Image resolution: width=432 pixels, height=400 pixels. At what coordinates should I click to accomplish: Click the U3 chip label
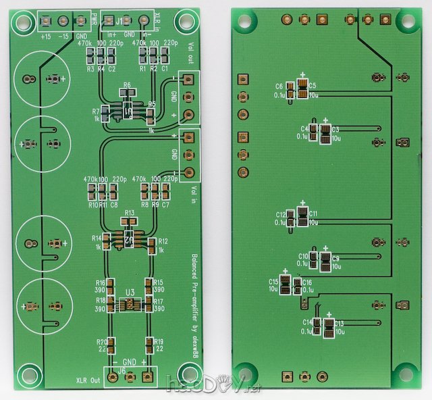pyautogui.click(x=131, y=293)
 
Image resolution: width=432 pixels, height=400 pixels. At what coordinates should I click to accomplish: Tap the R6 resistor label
pyautogui.click(x=126, y=86)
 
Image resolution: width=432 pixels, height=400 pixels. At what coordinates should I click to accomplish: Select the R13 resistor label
pyautogui.click(x=130, y=213)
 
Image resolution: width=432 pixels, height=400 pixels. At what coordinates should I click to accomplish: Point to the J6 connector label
pyautogui.click(x=122, y=371)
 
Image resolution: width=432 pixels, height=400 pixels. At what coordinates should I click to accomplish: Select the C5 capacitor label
pyautogui.click(x=313, y=86)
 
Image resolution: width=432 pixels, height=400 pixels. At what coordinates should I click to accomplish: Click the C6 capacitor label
pyautogui.click(x=279, y=86)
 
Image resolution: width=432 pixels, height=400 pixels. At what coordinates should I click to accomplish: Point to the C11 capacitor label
pyautogui.click(x=313, y=214)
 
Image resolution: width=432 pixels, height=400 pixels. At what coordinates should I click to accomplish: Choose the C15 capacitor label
pyautogui.click(x=274, y=282)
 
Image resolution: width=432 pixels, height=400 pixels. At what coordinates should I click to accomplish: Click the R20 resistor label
pyautogui.click(x=102, y=341)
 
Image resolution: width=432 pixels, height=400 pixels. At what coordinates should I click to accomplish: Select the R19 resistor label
pyautogui.click(x=159, y=341)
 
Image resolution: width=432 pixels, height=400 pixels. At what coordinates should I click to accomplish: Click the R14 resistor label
pyautogui.click(x=97, y=239)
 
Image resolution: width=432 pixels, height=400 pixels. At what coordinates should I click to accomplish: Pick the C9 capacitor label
pyautogui.click(x=335, y=258)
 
